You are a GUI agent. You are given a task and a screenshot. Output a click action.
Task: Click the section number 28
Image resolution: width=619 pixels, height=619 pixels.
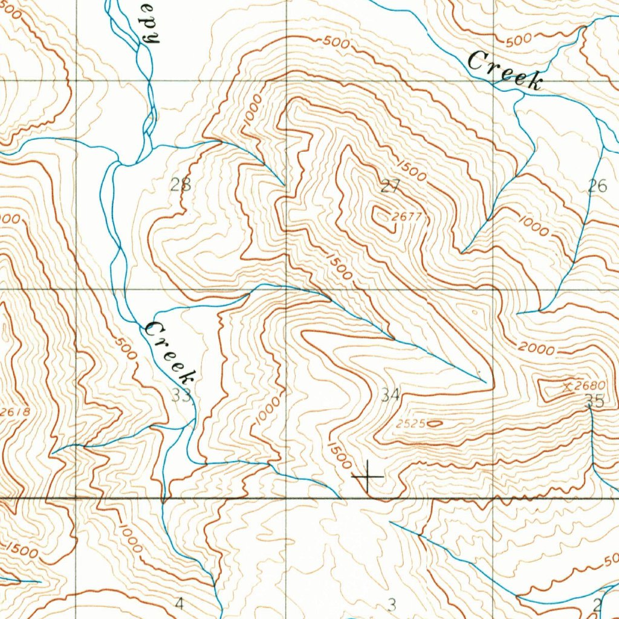pos(180,186)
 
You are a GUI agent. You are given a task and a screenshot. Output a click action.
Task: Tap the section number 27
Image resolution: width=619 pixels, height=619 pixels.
pos(390,186)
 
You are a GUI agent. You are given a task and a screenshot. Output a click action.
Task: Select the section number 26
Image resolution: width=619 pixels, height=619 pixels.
pos(597,186)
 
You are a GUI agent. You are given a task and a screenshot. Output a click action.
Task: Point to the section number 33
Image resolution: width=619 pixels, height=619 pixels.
pos(181,395)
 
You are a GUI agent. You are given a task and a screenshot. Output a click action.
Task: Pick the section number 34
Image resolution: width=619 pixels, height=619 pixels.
pos(391,395)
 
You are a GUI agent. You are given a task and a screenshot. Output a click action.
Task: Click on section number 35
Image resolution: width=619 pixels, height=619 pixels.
pos(594,400)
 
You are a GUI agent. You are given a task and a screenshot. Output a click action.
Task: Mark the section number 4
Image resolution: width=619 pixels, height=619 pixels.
pos(178,603)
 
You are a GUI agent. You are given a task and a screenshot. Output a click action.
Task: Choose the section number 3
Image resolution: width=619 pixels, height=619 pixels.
pos(392,604)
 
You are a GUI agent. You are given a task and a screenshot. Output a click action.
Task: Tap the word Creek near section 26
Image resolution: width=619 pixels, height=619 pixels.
pos(504,71)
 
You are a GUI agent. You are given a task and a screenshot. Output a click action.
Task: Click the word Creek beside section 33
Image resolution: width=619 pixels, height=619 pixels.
pos(170,353)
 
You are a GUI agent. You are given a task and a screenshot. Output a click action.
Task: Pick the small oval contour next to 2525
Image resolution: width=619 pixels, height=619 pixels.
pos(433,424)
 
